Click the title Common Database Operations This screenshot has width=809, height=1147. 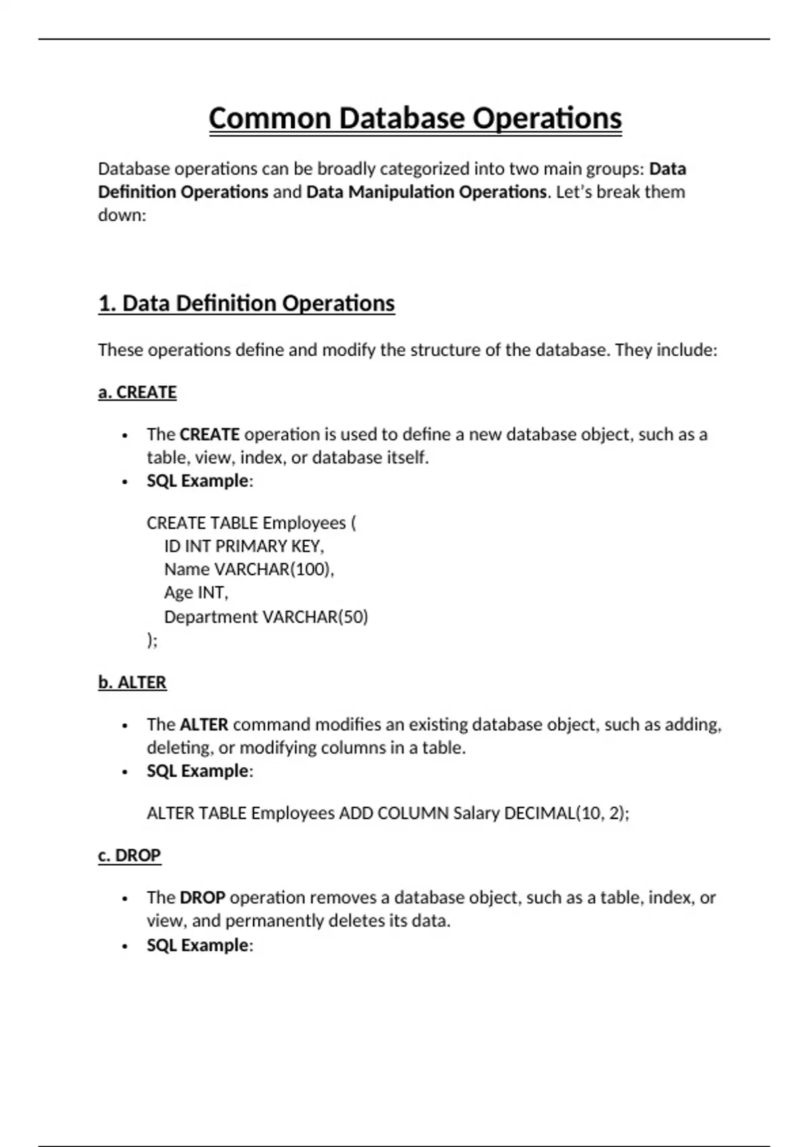coord(415,119)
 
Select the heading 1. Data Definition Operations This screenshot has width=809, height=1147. coord(246,304)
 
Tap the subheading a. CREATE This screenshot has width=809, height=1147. coord(138,393)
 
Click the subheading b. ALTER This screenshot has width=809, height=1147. coord(132,683)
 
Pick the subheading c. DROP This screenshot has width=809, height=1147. coord(129,856)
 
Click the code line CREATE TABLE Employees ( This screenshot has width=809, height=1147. coord(251,523)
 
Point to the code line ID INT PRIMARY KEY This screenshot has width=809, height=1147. coord(244,546)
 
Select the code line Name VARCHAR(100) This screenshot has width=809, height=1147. coord(249,569)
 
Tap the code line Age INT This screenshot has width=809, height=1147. coord(196,592)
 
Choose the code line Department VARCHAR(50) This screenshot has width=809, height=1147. coord(266,617)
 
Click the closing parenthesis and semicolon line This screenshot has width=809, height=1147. coord(152,640)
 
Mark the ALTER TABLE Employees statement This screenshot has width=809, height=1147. coord(388,813)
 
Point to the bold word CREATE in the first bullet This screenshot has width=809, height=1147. coord(210,435)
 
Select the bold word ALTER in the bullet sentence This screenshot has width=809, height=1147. coord(204,725)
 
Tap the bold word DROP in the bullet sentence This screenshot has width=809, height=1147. coord(202,898)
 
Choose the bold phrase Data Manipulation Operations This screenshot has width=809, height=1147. coord(426,192)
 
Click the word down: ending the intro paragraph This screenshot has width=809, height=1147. coord(122,215)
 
